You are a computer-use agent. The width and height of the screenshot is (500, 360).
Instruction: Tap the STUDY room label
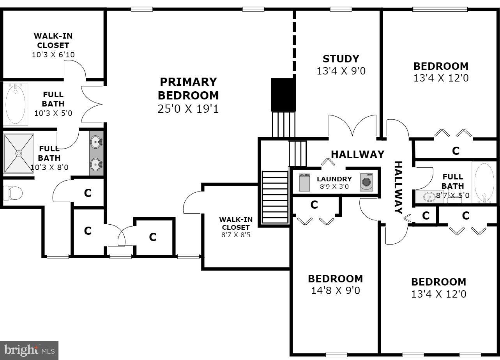coord(341,59)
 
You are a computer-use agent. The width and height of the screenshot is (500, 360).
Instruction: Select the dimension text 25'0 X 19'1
coord(188,109)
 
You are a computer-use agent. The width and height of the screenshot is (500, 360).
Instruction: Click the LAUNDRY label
coord(334,179)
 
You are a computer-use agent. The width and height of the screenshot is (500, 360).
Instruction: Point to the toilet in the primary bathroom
coord(12,192)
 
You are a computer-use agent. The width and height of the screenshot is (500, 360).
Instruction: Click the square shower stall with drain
coord(18,153)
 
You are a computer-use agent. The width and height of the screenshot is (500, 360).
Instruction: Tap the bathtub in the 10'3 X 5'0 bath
coord(16,103)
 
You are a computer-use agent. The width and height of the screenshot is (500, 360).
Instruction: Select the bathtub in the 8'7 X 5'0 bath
coord(484,182)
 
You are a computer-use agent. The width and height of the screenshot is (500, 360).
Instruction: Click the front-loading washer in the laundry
coord(366,182)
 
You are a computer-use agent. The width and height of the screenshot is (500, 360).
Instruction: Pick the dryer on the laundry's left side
coord(304,182)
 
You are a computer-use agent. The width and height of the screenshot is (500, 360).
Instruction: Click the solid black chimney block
coord(283,95)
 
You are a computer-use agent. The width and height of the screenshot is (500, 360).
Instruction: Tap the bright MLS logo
coord(29,350)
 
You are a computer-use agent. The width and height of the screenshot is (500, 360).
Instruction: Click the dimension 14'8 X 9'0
coord(335,291)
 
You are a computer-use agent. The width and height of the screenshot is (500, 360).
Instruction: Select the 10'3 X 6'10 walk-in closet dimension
coord(53,55)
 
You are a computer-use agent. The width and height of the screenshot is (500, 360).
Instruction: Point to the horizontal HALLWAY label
coord(357,154)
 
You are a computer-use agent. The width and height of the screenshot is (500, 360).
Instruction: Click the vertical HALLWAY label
coord(398,188)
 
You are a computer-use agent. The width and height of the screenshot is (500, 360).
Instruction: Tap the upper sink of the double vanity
coord(96,142)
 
